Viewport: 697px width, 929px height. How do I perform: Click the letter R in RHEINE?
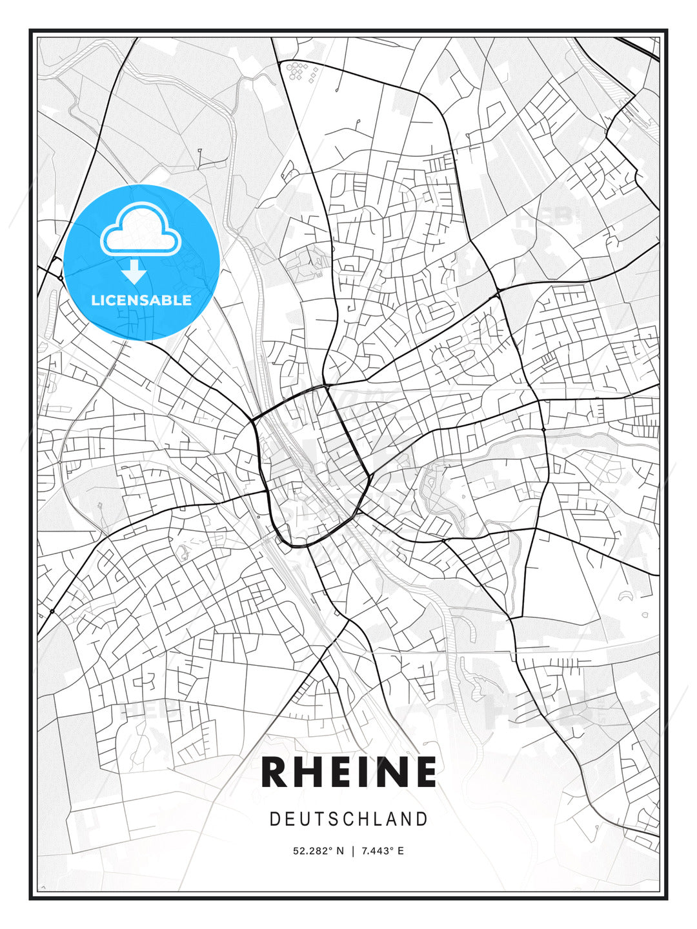(x=276, y=772)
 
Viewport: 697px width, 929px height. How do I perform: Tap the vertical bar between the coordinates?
(x=352, y=851)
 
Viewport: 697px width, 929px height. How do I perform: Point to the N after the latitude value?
(x=339, y=851)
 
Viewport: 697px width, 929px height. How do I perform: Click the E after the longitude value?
(x=401, y=851)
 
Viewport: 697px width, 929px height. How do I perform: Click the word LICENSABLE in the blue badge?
(x=141, y=300)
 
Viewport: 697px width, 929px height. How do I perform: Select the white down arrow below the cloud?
(x=134, y=272)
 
